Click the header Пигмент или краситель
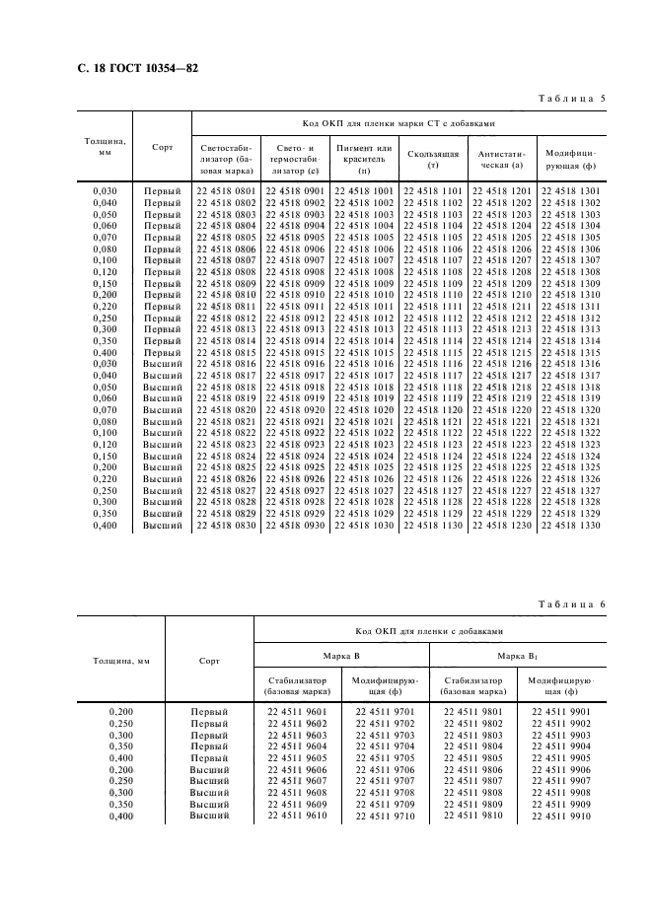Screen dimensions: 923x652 click(364, 153)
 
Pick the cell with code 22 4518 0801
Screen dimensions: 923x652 click(226, 191)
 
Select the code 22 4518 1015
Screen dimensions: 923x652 click(364, 353)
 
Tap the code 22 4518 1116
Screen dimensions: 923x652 click(433, 365)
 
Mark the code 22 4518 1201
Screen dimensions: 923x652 click(502, 191)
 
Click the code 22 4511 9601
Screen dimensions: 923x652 click(297, 711)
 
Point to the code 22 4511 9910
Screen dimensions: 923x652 click(560, 816)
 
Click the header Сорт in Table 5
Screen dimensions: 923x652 click(163, 147)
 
